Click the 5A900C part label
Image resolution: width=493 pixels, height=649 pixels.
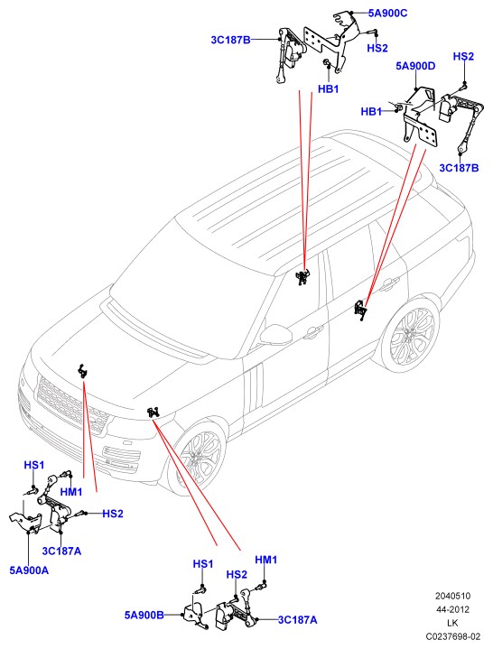click(388, 14)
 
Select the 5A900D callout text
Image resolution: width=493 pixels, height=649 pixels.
click(415, 66)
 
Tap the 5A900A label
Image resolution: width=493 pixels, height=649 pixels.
click(29, 570)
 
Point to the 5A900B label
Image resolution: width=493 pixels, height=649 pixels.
click(144, 615)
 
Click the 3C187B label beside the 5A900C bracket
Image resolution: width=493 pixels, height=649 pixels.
click(230, 40)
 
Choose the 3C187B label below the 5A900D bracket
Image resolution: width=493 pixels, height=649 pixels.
click(459, 168)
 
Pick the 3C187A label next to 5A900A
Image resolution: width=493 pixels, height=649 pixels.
click(61, 551)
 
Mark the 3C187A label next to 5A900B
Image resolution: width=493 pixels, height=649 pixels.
click(298, 619)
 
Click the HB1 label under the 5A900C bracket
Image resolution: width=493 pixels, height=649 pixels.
click(329, 89)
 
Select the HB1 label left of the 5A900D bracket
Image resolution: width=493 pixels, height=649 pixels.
click(371, 111)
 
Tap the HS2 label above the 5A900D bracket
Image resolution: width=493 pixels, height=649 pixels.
click(463, 56)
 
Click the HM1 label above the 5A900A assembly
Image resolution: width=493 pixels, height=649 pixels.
click(71, 492)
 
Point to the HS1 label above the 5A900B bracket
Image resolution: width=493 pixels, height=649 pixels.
click(203, 564)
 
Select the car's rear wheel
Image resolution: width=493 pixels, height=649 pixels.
click(411, 334)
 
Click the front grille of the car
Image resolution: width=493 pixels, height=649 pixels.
click(72, 405)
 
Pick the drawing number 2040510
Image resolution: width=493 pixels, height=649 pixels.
click(453, 596)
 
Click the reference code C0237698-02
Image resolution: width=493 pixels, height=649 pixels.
click(453, 635)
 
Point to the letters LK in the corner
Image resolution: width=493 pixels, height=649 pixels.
click(453, 623)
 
